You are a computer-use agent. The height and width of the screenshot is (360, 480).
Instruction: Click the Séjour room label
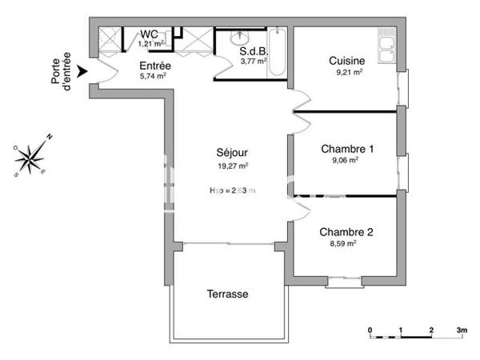pos(231,153)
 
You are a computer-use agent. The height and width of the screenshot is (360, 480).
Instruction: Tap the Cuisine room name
pos(347,61)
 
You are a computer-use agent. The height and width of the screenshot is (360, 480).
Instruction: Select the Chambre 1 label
pos(347,149)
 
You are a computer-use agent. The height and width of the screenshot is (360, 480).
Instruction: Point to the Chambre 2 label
pos(346,232)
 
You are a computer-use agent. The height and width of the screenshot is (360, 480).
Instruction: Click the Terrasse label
pos(228,294)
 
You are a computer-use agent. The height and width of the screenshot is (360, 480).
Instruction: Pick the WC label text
pos(149,34)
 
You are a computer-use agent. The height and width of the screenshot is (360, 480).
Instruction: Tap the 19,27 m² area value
pos(233,166)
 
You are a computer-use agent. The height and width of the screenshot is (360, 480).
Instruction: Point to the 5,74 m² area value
pos(153,77)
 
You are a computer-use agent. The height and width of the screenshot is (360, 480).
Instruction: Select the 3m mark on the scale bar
pos(462,329)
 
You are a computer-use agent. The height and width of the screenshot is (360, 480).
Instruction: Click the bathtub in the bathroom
pos(275,53)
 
